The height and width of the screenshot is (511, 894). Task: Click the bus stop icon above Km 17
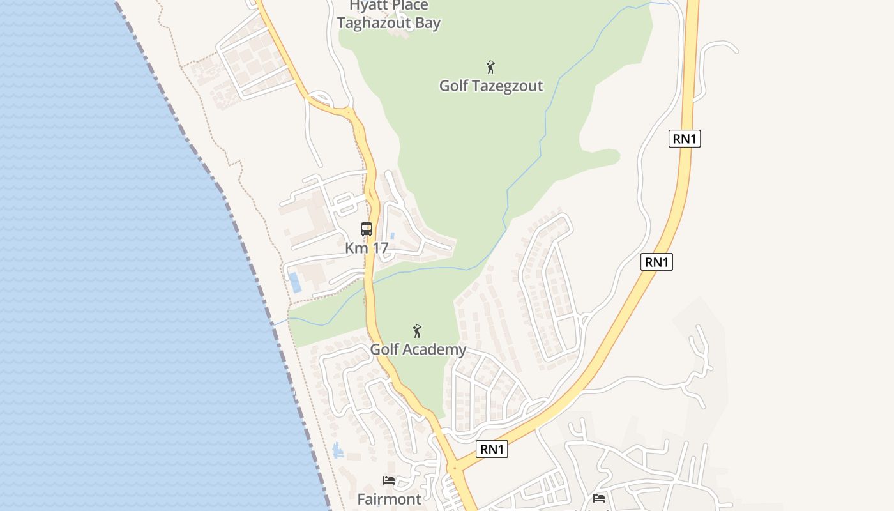pyautogui.click(x=367, y=229)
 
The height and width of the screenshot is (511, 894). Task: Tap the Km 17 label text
pyautogui.click(x=367, y=248)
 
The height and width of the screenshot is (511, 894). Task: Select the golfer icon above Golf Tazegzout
pyautogui.click(x=490, y=67)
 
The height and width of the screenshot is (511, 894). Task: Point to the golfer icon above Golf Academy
pyautogui.click(x=417, y=331)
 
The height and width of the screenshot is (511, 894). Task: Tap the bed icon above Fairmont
pyautogui.click(x=389, y=480)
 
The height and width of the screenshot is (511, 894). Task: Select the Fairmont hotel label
pyautogui.click(x=390, y=499)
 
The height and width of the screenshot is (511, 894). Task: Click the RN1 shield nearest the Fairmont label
pyautogui.click(x=492, y=449)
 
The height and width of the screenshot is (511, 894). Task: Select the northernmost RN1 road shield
pyautogui.click(x=685, y=139)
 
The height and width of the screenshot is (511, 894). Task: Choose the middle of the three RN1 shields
pyautogui.click(x=657, y=262)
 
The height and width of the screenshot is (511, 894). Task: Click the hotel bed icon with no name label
pyautogui.click(x=599, y=498)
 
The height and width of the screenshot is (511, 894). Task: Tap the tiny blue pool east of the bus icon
pyautogui.click(x=392, y=236)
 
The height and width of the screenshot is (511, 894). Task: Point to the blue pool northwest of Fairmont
pyautogui.click(x=338, y=451)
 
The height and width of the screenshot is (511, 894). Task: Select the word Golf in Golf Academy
pyautogui.click(x=384, y=349)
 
